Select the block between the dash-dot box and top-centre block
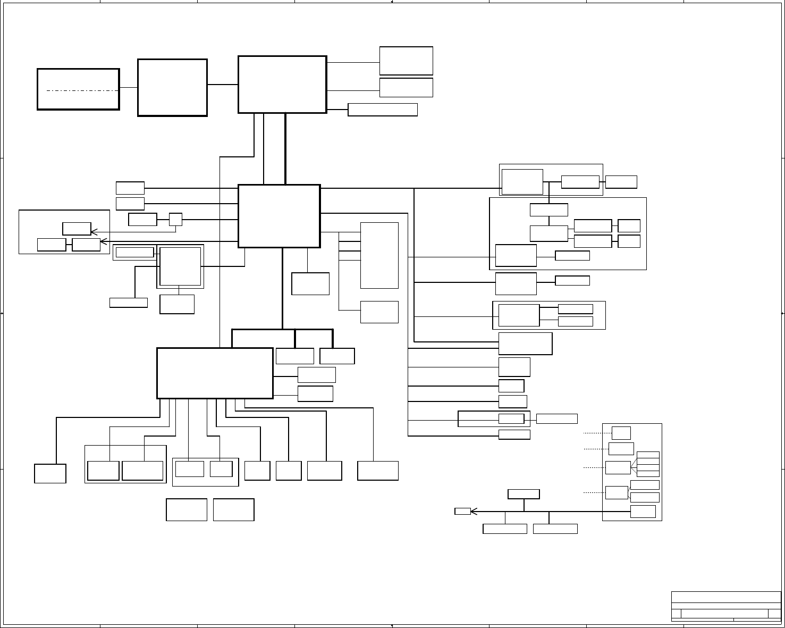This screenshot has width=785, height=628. (x=172, y=87)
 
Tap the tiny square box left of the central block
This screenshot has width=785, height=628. (x=175, y=219)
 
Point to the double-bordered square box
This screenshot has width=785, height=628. (x=180, y=266)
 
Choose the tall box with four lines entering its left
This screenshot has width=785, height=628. (x=379, y=255)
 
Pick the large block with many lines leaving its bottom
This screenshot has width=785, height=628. (x=215, y=373)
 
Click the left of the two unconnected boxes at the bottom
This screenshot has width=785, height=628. (x=187, y=509)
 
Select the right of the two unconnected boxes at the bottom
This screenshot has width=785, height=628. (x=233, y=509)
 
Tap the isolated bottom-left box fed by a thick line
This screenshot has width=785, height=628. (x=50, y=473)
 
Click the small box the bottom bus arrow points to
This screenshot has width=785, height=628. (x=462, y=512)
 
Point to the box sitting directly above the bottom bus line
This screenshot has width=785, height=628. (x=524, y=494)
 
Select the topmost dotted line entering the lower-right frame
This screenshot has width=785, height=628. (x=597, y=433)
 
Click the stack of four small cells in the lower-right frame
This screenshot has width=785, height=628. (x=648, y=464)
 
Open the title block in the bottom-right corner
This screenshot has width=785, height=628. (x=725, y=606)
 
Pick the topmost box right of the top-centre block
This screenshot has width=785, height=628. (x=406, y=61)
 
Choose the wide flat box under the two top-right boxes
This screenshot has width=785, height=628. (x=383, y=110)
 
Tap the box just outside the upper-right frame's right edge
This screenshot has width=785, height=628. (x=621, y=181)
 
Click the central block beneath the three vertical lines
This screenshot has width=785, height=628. (x=279, y=216)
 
